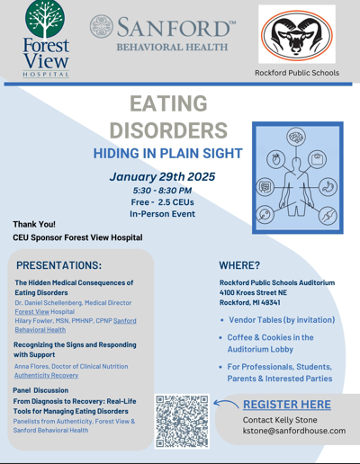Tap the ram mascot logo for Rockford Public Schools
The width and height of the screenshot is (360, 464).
click(297, 35)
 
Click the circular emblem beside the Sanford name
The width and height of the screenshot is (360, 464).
click(102, 26)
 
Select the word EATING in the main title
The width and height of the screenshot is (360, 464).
click(168, 103)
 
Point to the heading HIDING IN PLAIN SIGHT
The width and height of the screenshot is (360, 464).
click(167, 153)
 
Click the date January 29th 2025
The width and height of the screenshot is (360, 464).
click(162, 176)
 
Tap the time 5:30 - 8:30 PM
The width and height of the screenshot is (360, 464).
click(162, 191)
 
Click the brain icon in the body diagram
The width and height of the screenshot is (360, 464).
click(296, 137)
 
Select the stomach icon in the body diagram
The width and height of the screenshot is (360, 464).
click(328, 187)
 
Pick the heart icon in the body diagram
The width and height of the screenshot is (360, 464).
click(276, 159)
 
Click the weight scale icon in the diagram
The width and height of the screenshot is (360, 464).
click(317, 159)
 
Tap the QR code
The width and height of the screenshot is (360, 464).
click(182, 422)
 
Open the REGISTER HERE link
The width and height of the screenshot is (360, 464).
click(287, 405)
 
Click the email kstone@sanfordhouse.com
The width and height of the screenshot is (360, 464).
click(294, 431)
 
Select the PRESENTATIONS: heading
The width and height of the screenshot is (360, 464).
click(59, 265)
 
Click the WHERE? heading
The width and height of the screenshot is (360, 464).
click(239, 265)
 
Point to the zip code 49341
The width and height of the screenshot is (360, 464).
click(271, 302)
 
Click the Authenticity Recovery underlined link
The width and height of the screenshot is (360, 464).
click(46, 375)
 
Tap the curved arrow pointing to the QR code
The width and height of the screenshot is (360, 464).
click(226, 404)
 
